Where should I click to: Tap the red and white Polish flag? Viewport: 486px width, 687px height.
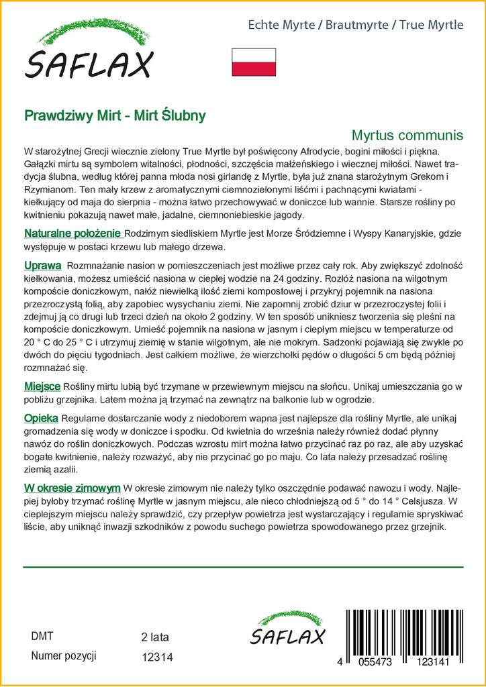tap(253, 62)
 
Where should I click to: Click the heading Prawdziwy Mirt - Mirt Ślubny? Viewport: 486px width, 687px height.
tap(115, 115)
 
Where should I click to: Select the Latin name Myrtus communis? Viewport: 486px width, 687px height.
tap(407, 135)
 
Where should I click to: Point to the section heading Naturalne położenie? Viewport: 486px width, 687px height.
tap(72, 233)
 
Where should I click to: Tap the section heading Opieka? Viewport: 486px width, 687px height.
tap(41, 417)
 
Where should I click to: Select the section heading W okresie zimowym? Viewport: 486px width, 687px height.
tap(72, 487)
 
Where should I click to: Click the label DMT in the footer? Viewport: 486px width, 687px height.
tap(42, 636)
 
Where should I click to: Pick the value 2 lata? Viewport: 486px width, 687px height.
tap(155, 637)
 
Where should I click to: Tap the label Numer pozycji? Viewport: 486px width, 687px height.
tap(64, 655)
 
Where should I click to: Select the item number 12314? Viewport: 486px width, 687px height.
tap(158, 658)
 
